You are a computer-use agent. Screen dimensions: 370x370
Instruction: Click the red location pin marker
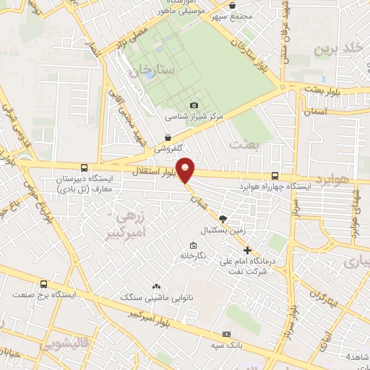tap(186, 170)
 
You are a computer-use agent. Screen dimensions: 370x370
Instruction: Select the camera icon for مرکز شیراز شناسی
tap(194, 106)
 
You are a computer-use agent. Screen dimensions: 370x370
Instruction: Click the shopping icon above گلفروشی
tap(168, 137)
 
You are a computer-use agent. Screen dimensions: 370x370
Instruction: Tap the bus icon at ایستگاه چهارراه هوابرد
tap(275, 175)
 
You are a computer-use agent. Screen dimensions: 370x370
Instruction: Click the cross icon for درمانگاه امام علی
tap(248, 250)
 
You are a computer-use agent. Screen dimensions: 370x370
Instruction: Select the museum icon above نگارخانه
tap(192, 244)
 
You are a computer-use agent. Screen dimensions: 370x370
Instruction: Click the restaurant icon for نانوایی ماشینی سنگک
tap(155, 287)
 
